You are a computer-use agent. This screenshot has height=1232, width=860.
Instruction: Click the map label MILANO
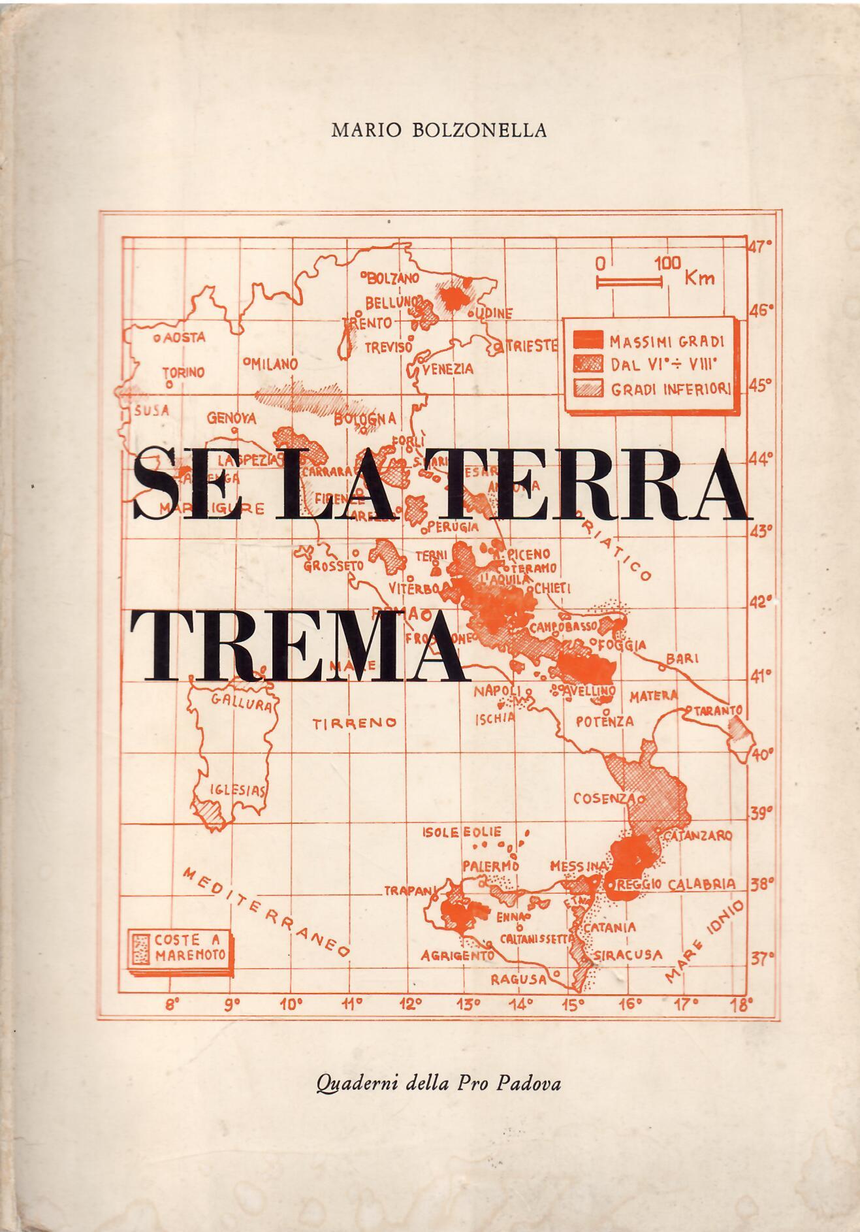pos(275,364)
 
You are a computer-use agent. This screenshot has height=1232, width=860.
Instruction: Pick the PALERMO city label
pos(490,866)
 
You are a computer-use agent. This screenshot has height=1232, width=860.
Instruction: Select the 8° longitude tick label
pos(172,1005)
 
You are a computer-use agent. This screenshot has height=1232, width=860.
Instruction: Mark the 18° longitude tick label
pos(741,1004)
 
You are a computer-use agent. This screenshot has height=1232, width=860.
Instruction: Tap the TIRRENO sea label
pos(355,722)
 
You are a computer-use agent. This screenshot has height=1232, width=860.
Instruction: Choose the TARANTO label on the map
pos(718,709)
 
